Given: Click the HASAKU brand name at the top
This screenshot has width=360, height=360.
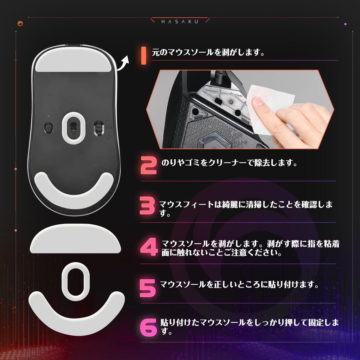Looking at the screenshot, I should (180, 21).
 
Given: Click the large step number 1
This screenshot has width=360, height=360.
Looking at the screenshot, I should (143, 55).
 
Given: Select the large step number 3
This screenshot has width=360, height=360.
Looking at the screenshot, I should (147, 206).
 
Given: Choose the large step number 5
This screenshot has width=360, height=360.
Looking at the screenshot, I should (147, 288).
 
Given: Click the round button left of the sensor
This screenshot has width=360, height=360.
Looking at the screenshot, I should (48, 127).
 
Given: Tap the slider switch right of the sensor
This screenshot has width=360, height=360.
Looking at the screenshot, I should (98, 128).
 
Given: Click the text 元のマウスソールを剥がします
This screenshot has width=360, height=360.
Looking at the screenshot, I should (208, 53).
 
